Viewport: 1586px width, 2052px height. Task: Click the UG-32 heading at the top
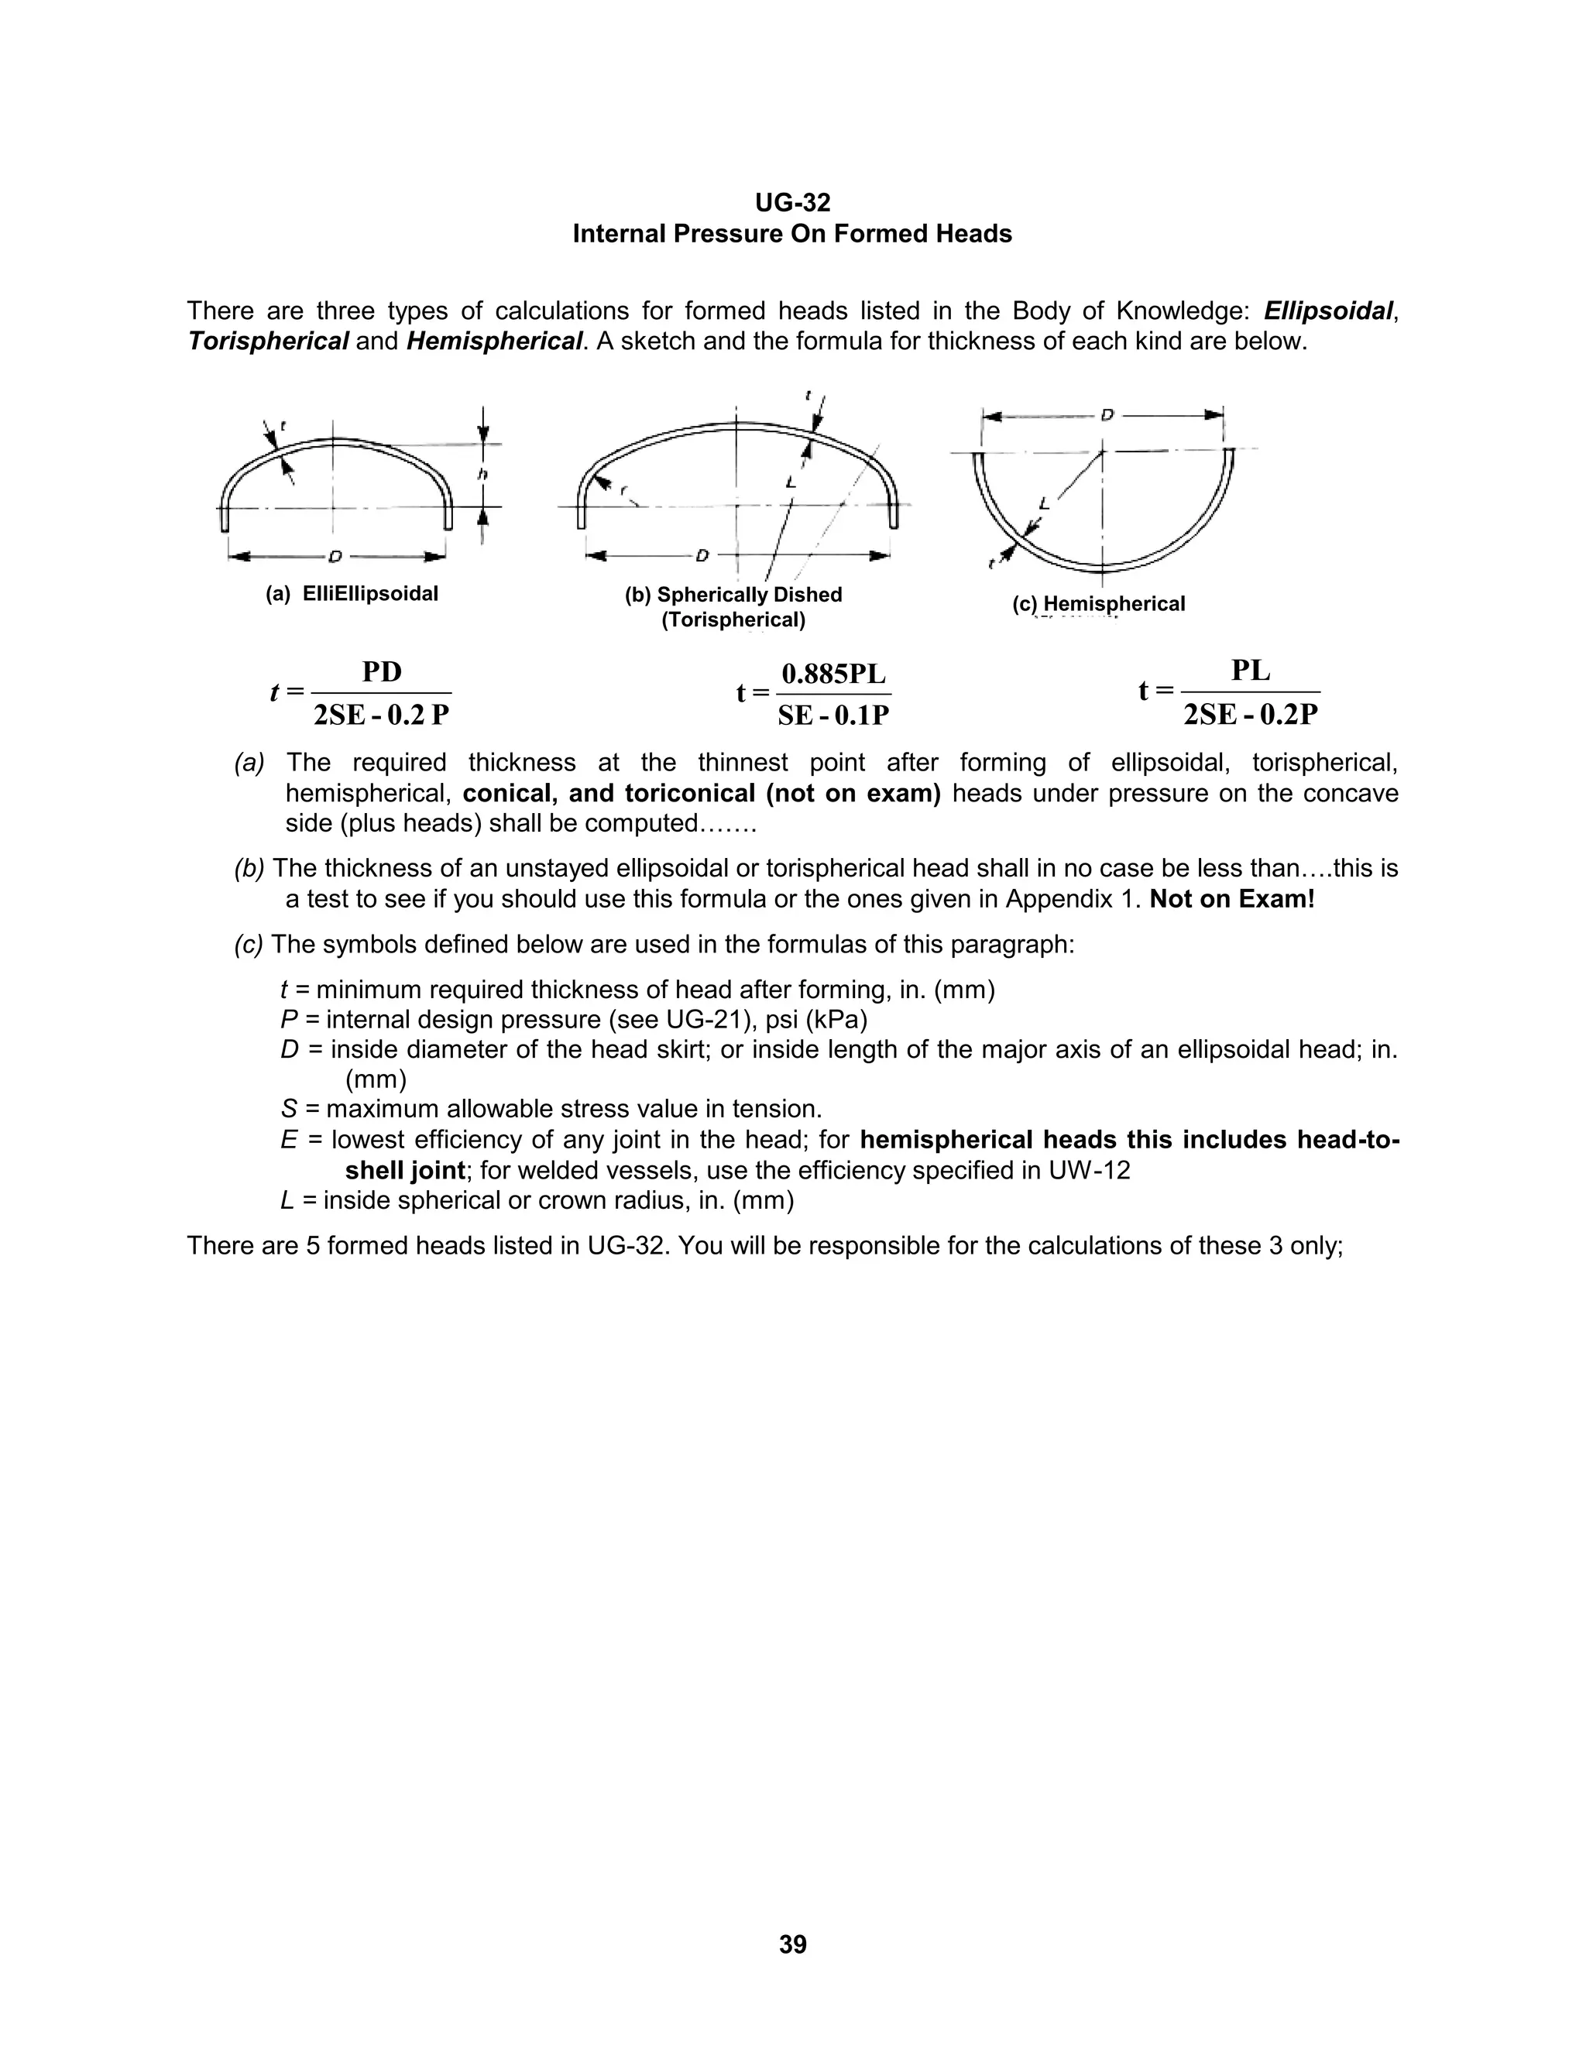(792, 203)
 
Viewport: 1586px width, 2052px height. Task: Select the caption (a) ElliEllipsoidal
(352, 594)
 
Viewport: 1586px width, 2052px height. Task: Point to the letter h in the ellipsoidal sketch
(483, 475)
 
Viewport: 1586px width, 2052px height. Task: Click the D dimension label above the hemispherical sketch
(1107, 414)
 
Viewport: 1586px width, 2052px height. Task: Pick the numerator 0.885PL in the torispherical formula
(833, 674)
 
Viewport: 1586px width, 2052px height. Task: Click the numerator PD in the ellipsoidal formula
(382, 672)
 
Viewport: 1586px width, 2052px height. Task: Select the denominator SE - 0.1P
(833, 716)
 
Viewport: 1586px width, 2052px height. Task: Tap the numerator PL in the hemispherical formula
(1251, 671)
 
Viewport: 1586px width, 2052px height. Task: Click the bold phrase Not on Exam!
(1232, 899)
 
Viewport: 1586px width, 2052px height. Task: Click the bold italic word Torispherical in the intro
(268, 341)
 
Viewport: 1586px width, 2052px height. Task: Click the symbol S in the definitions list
(288, 1110)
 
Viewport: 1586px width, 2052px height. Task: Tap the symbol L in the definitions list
(287, 1201)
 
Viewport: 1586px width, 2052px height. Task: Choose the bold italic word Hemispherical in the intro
(494, 341)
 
